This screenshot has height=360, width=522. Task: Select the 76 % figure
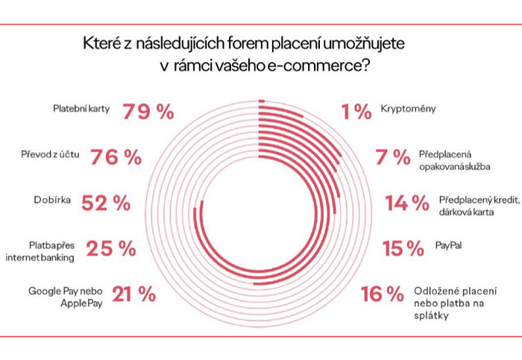click(x=116, y=157)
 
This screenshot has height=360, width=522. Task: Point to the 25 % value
click(x=111, y=249)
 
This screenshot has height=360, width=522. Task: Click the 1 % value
click(x=356, y=113)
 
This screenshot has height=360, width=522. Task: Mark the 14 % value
click(x=407, y=203)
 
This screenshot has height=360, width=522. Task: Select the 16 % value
click(x=381, y=294)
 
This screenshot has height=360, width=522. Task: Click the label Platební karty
click(x=81, y=109)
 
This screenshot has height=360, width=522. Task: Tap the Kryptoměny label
click(x=408, y=109)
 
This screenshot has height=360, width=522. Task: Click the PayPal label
click(x=448, y=244)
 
